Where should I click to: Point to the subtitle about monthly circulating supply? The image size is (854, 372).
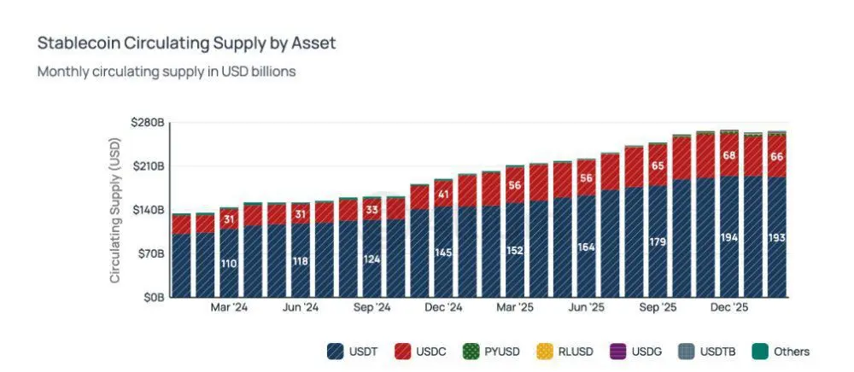point(167,72)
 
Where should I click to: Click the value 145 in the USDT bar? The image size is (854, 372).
point(443,253)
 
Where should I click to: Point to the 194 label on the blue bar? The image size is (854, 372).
point(728,237)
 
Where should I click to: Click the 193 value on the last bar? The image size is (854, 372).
point(776,237)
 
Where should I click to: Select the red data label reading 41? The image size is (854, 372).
point(443,195)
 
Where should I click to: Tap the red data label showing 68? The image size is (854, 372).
point(728,155)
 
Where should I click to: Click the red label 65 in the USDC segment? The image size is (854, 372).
point(658,166)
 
